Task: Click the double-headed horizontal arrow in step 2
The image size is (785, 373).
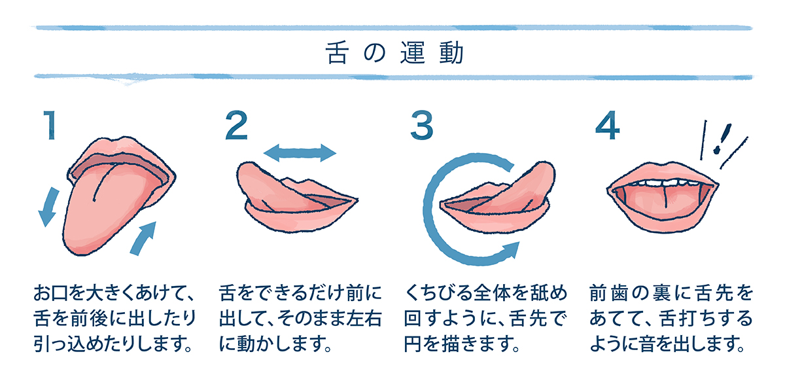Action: [300, 154]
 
